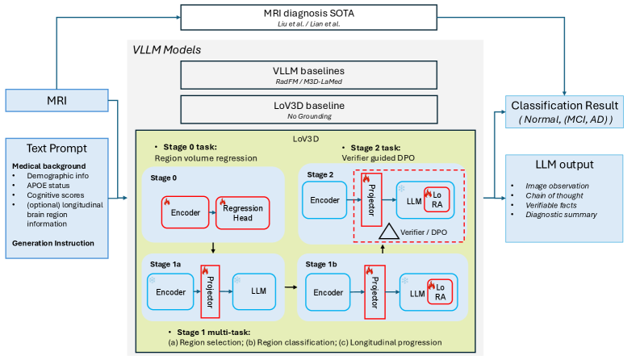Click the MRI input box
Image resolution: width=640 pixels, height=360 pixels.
(56, 100)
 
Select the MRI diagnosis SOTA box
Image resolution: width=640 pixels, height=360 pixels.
(308, 18)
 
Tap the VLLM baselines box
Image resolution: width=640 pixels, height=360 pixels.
(308, 75)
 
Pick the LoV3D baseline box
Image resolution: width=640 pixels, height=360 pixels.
(309, 110)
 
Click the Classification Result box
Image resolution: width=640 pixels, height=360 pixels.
(564, 112)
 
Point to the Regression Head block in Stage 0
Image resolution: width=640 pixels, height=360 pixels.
(242, 212)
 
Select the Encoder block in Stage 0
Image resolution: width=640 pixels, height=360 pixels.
(186, 212)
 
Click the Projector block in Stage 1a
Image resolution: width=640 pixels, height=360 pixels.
(210, 291)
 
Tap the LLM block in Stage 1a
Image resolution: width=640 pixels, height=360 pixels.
(254, 291)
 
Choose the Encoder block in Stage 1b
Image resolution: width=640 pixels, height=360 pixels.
(328, 292)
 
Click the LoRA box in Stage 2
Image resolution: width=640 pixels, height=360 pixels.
(437, 199)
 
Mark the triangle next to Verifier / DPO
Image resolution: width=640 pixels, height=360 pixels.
(388, 232)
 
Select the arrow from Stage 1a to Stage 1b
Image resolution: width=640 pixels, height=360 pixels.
(291, 287)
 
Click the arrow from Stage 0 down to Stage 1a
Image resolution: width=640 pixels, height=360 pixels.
(213, 248)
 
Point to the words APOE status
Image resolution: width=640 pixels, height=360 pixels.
(48, 186)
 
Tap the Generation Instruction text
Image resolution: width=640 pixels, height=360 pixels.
(53, 243)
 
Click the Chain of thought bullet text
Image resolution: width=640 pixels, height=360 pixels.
(554, 195)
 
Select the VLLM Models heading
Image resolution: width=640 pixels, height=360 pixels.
(167, 50)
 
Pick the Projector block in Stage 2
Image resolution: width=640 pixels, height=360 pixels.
(371, 199)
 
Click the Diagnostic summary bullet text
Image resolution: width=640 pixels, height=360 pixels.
(561, 215)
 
